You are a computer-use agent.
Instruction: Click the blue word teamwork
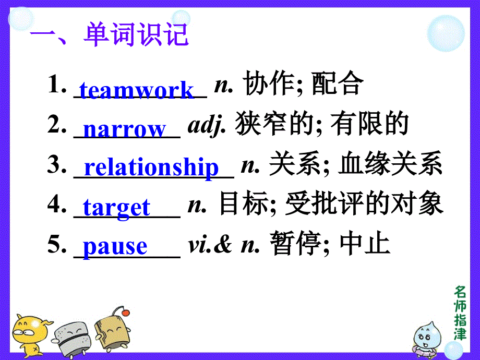coord(136,90)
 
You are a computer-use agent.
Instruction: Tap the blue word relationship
coord(151,167)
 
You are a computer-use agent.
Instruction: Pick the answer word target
coord(116,207)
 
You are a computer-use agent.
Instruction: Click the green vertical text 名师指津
coord(460,313)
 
